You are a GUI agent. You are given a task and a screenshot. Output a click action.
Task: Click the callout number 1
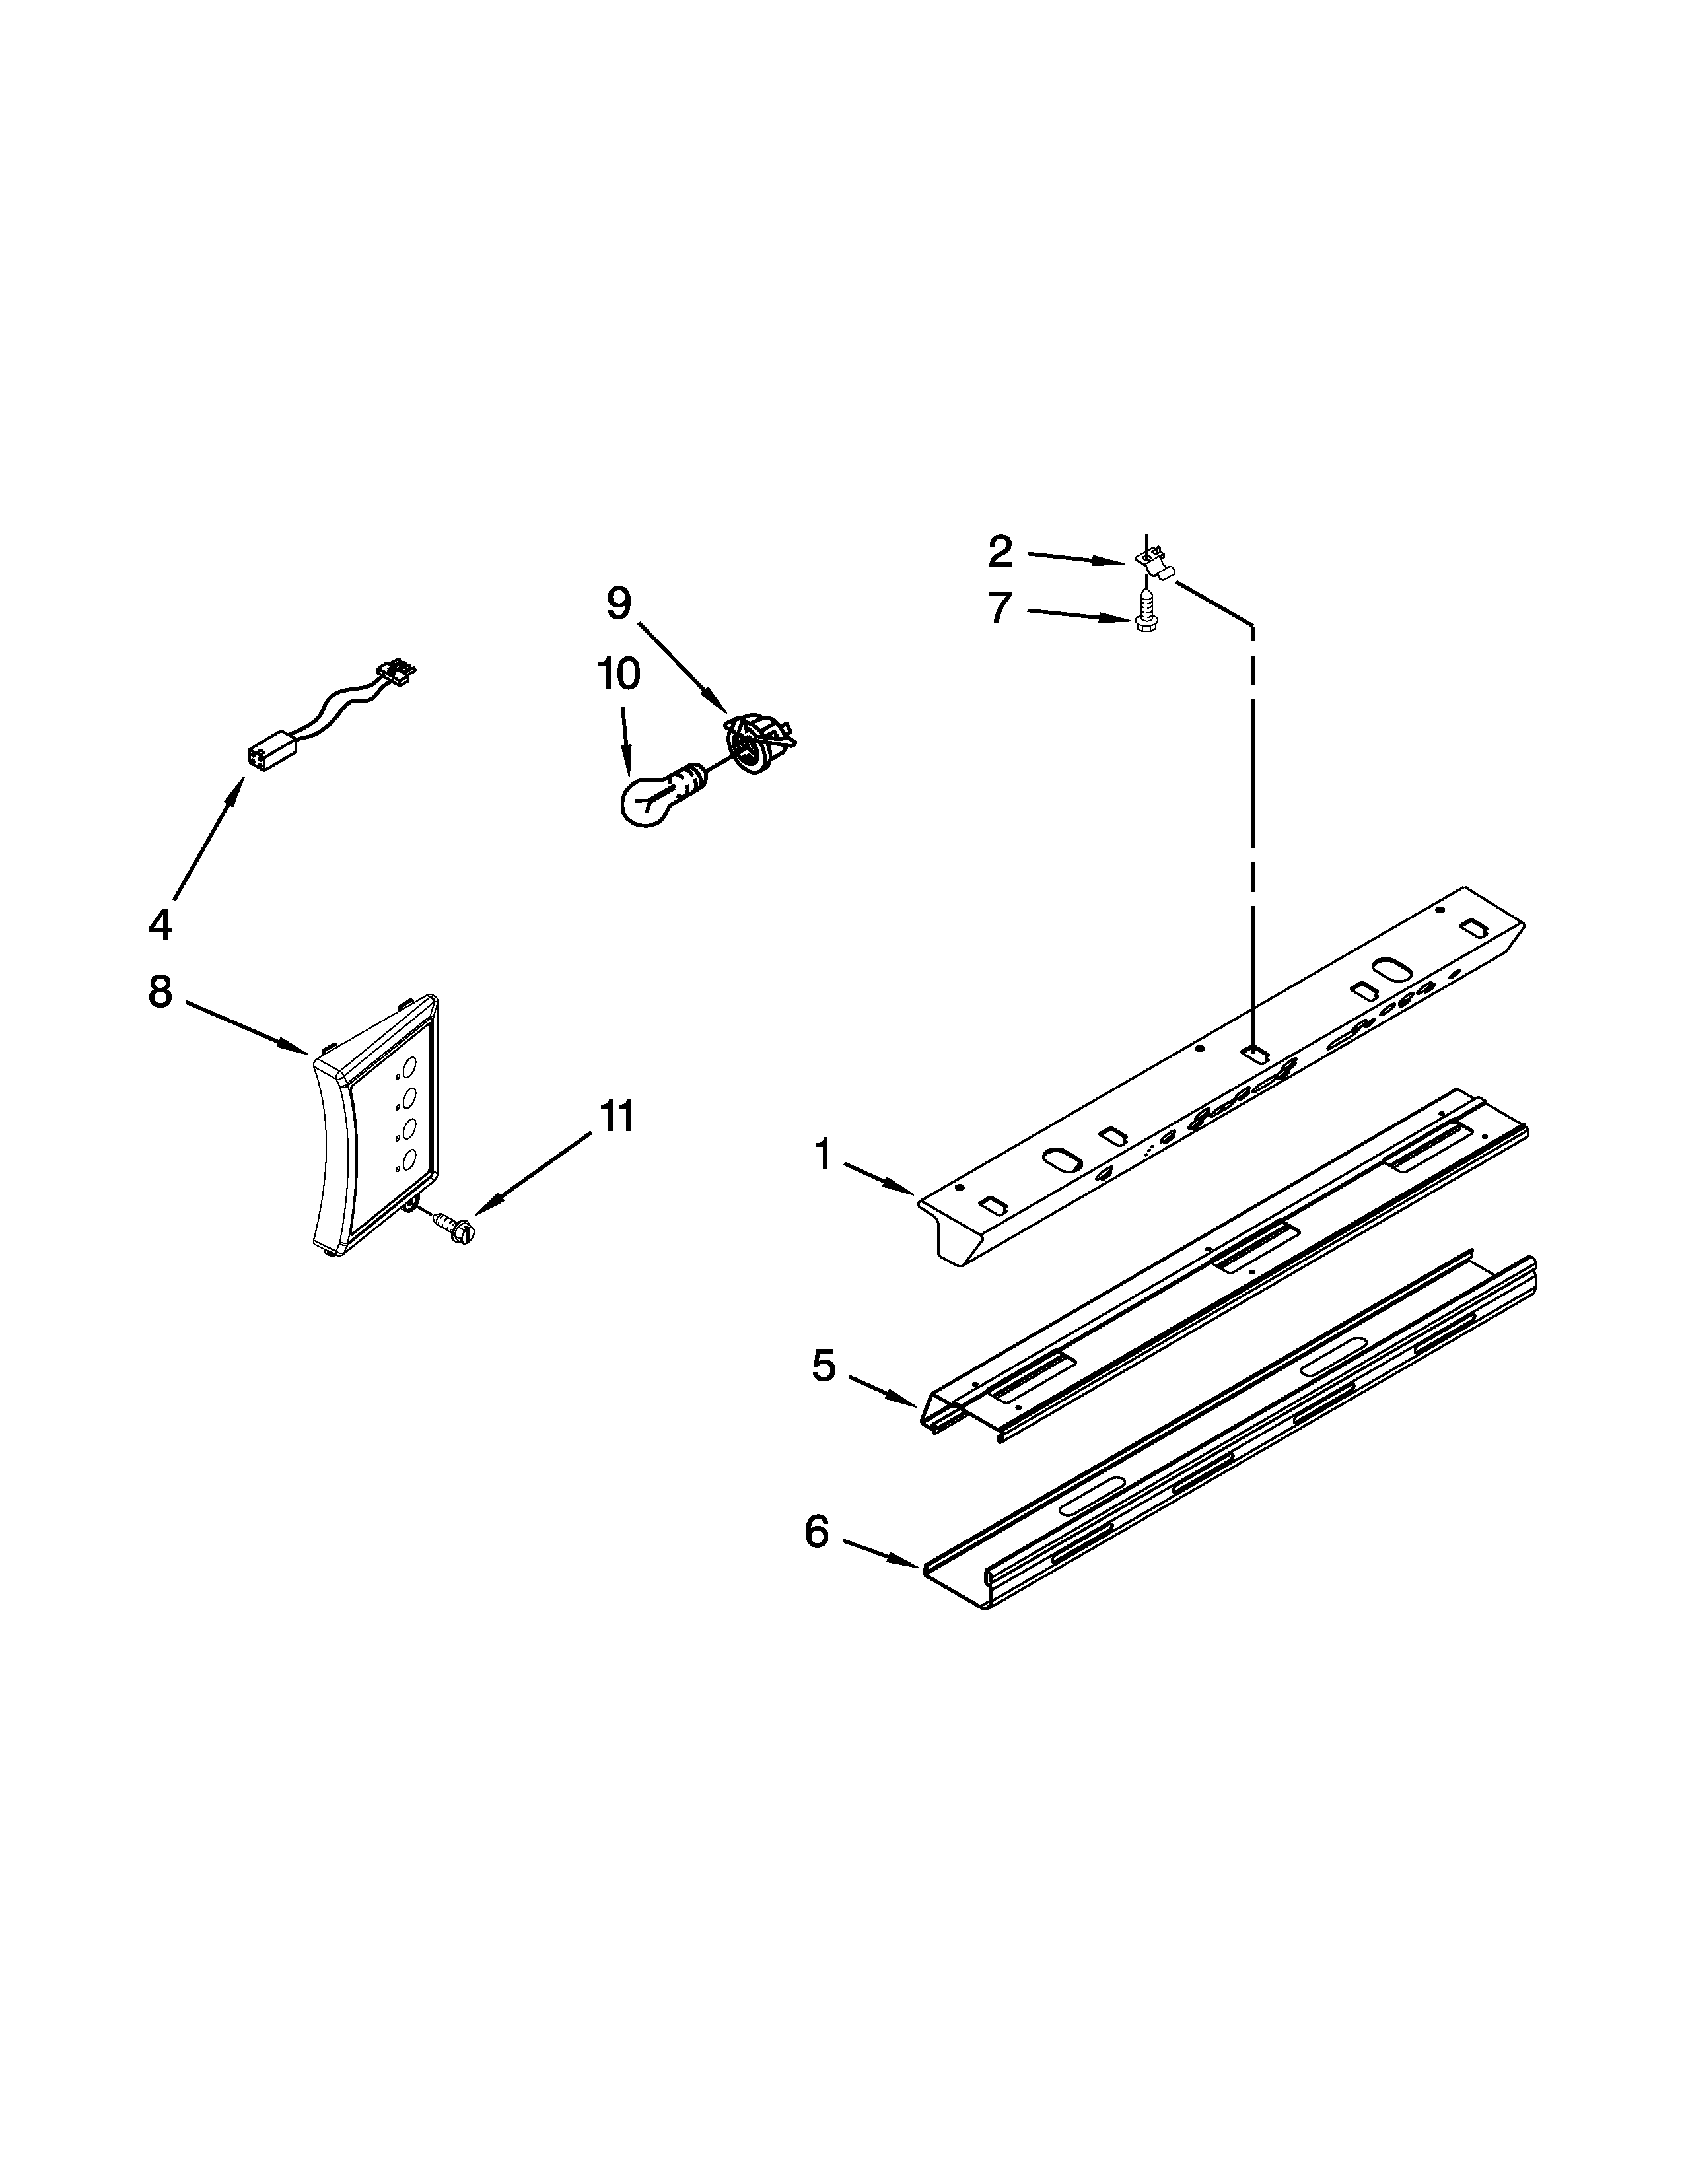coord(822,1156)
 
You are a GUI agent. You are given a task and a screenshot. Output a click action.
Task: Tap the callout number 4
coord(160,925)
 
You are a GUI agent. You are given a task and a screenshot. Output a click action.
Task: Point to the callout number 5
coord(823,1366)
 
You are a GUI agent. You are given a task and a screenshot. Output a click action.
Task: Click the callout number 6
coord(817,1531)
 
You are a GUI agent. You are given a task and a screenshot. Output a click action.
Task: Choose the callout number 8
coord(160,992)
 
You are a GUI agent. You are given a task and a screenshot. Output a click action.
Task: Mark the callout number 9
coord(619,604)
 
